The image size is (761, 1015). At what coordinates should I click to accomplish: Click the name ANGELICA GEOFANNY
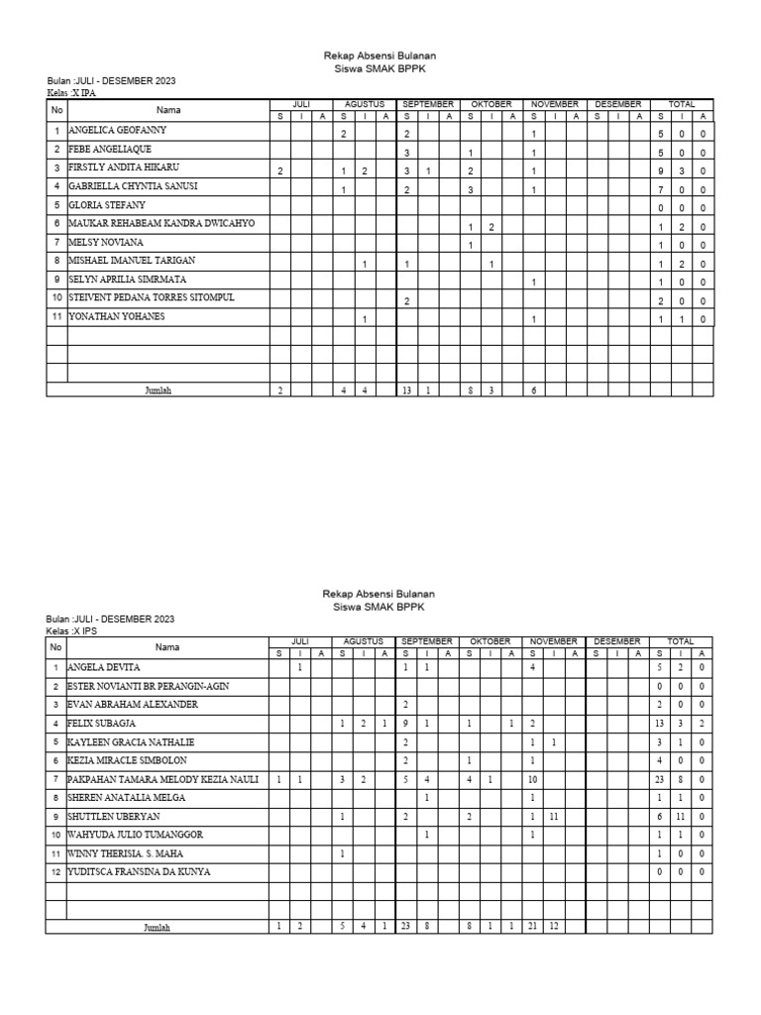tap(117, 130)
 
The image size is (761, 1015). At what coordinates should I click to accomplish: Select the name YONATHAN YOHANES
tap(116, 316)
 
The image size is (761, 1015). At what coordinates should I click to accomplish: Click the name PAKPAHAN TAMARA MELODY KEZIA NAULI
tap(163, 779)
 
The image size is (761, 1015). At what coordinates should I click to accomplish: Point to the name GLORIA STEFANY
tap(106, 204)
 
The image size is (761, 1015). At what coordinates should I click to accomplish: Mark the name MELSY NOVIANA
tap(105, 242)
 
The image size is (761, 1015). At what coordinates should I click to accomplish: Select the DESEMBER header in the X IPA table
tap(617, 104)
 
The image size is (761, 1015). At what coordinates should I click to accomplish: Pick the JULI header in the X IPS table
tap(300, 642)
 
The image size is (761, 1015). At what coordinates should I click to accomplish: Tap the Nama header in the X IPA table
tap(167, 110)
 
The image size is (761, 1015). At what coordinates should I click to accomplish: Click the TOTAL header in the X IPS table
tap(681, 642)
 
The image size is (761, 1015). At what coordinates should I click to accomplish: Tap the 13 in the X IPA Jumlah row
tap(406, 391)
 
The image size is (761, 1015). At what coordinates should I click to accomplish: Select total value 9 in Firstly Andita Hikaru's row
tap(661, 169)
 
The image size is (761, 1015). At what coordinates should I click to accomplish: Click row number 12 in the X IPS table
tap(55, 872)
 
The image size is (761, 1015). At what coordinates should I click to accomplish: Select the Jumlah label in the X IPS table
tap(158, 928)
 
